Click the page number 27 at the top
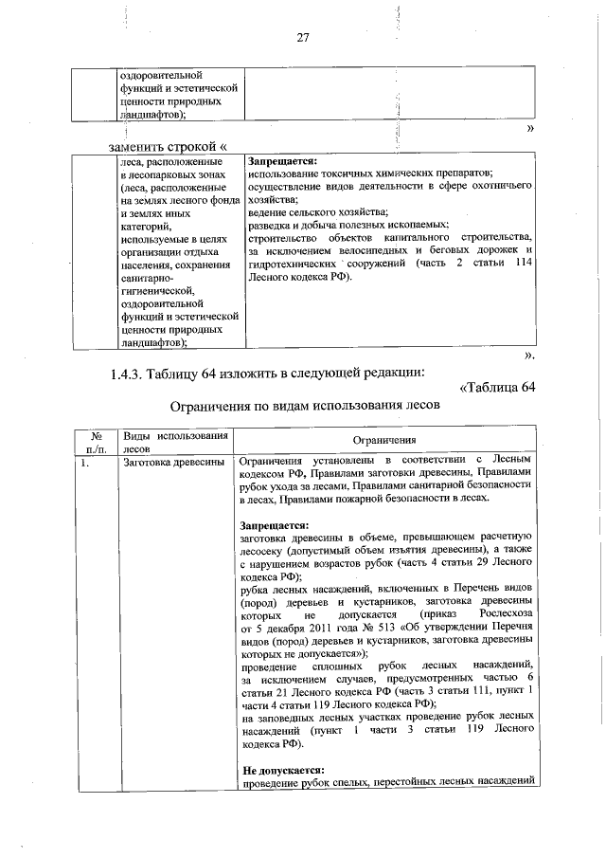coord(303,38)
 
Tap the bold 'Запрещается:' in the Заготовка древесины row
coord(275,523)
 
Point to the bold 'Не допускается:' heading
coord(283,769)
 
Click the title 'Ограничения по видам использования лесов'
coord(303,408)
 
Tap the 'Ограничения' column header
coord(383,441)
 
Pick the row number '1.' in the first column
coord(85,463)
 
